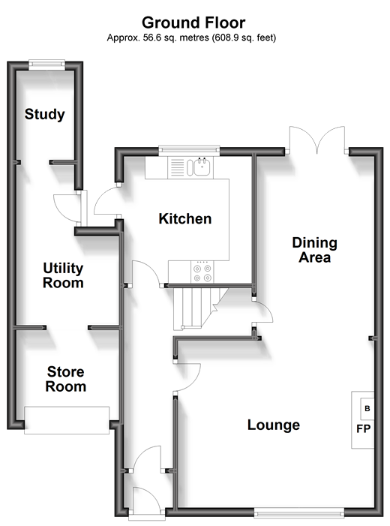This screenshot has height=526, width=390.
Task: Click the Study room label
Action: pos(44,114)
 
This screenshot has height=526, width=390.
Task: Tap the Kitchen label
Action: pos(185,218)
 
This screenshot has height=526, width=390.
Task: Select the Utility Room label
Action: pos(63,275)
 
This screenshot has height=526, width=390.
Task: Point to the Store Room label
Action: pos(66,379)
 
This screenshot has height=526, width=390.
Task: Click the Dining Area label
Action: pos(314,251)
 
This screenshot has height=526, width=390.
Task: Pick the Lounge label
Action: pos(274,425)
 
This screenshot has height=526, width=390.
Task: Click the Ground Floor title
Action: pos(193,23)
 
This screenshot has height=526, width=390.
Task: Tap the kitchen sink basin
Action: pos(202,167)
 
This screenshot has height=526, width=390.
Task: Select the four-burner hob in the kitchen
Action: pos(202,272)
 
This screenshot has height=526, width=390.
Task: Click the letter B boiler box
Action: pos(367,409)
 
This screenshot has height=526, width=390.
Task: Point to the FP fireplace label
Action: pos(364,428)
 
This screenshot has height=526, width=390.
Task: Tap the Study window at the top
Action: pos(46,65)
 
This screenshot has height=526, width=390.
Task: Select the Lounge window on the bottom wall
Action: pos(299,512)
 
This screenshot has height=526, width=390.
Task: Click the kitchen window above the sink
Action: pos(189,151)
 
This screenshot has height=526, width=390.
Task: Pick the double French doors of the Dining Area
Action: pos(317,140)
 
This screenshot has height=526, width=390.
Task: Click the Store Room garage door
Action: pos(67,420)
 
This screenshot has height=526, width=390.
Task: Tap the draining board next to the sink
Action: pos(178,167)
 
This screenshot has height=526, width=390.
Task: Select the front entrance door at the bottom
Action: pos(147,500)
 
